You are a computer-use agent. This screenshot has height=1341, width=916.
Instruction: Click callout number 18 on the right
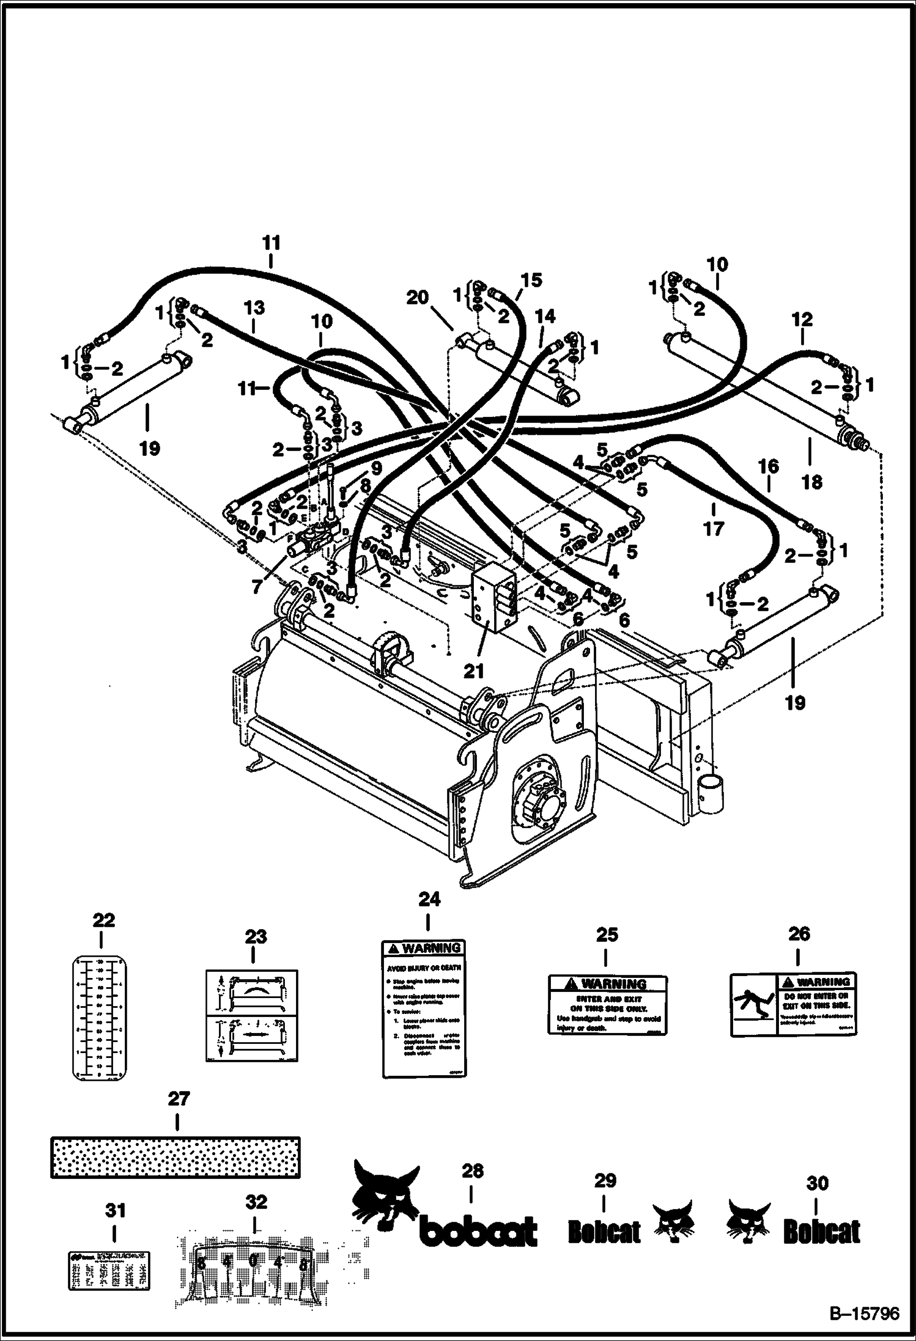[811, 482]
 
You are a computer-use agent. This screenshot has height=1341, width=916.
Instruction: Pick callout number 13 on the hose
[254, 307]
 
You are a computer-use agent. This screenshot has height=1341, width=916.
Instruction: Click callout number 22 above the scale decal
[103, 920]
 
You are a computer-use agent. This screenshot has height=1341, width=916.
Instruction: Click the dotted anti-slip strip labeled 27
[175, 1157]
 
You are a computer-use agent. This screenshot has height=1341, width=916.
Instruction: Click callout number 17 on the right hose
[713, 527]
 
